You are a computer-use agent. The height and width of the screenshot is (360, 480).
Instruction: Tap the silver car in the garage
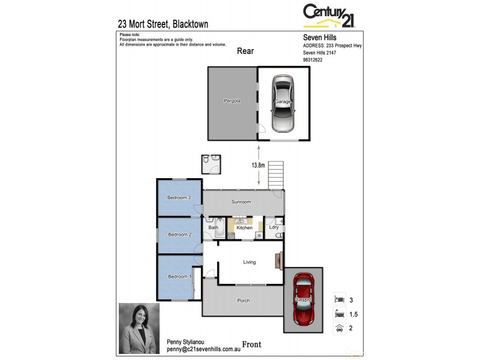click(283, 103)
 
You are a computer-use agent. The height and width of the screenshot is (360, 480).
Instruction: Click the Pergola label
click(232, 101)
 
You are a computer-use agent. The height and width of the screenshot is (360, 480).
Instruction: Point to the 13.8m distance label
click(259, 165)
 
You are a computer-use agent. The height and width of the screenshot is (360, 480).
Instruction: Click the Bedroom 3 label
click(179, 198)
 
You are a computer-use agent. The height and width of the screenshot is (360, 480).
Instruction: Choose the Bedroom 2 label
click(179, 235)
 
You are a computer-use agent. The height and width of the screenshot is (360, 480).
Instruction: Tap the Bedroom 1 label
click(179, 277)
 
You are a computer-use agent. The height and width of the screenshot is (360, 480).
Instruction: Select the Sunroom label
click(241, 202)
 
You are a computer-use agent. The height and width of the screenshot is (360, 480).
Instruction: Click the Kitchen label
click(244, 228)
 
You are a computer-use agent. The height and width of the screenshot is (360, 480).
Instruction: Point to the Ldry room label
click(274, 227)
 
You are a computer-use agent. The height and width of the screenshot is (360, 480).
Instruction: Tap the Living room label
click(249, 262)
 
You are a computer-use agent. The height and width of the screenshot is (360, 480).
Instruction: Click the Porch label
click(243, 301)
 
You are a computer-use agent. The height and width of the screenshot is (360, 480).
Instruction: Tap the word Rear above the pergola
click(245, 51)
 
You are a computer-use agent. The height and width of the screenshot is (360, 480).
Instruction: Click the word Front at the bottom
click(251, 344)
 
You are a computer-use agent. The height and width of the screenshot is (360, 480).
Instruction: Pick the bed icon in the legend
click(339, 298)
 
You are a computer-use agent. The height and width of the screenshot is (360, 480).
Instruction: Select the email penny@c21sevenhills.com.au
click(203, 349)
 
